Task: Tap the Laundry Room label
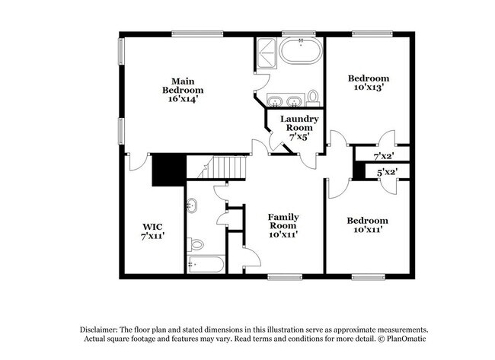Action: [299, 123]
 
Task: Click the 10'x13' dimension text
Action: [369, 88]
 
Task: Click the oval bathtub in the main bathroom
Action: [301, 53]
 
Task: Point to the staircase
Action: [227, 166]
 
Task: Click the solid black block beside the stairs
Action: [169, 169]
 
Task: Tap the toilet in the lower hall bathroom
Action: [196, 244]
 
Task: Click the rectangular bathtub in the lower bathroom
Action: [204, 265]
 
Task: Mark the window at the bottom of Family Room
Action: [286, 275]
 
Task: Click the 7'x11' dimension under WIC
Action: [152, 236]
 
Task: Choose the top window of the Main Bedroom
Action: [197, 33]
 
